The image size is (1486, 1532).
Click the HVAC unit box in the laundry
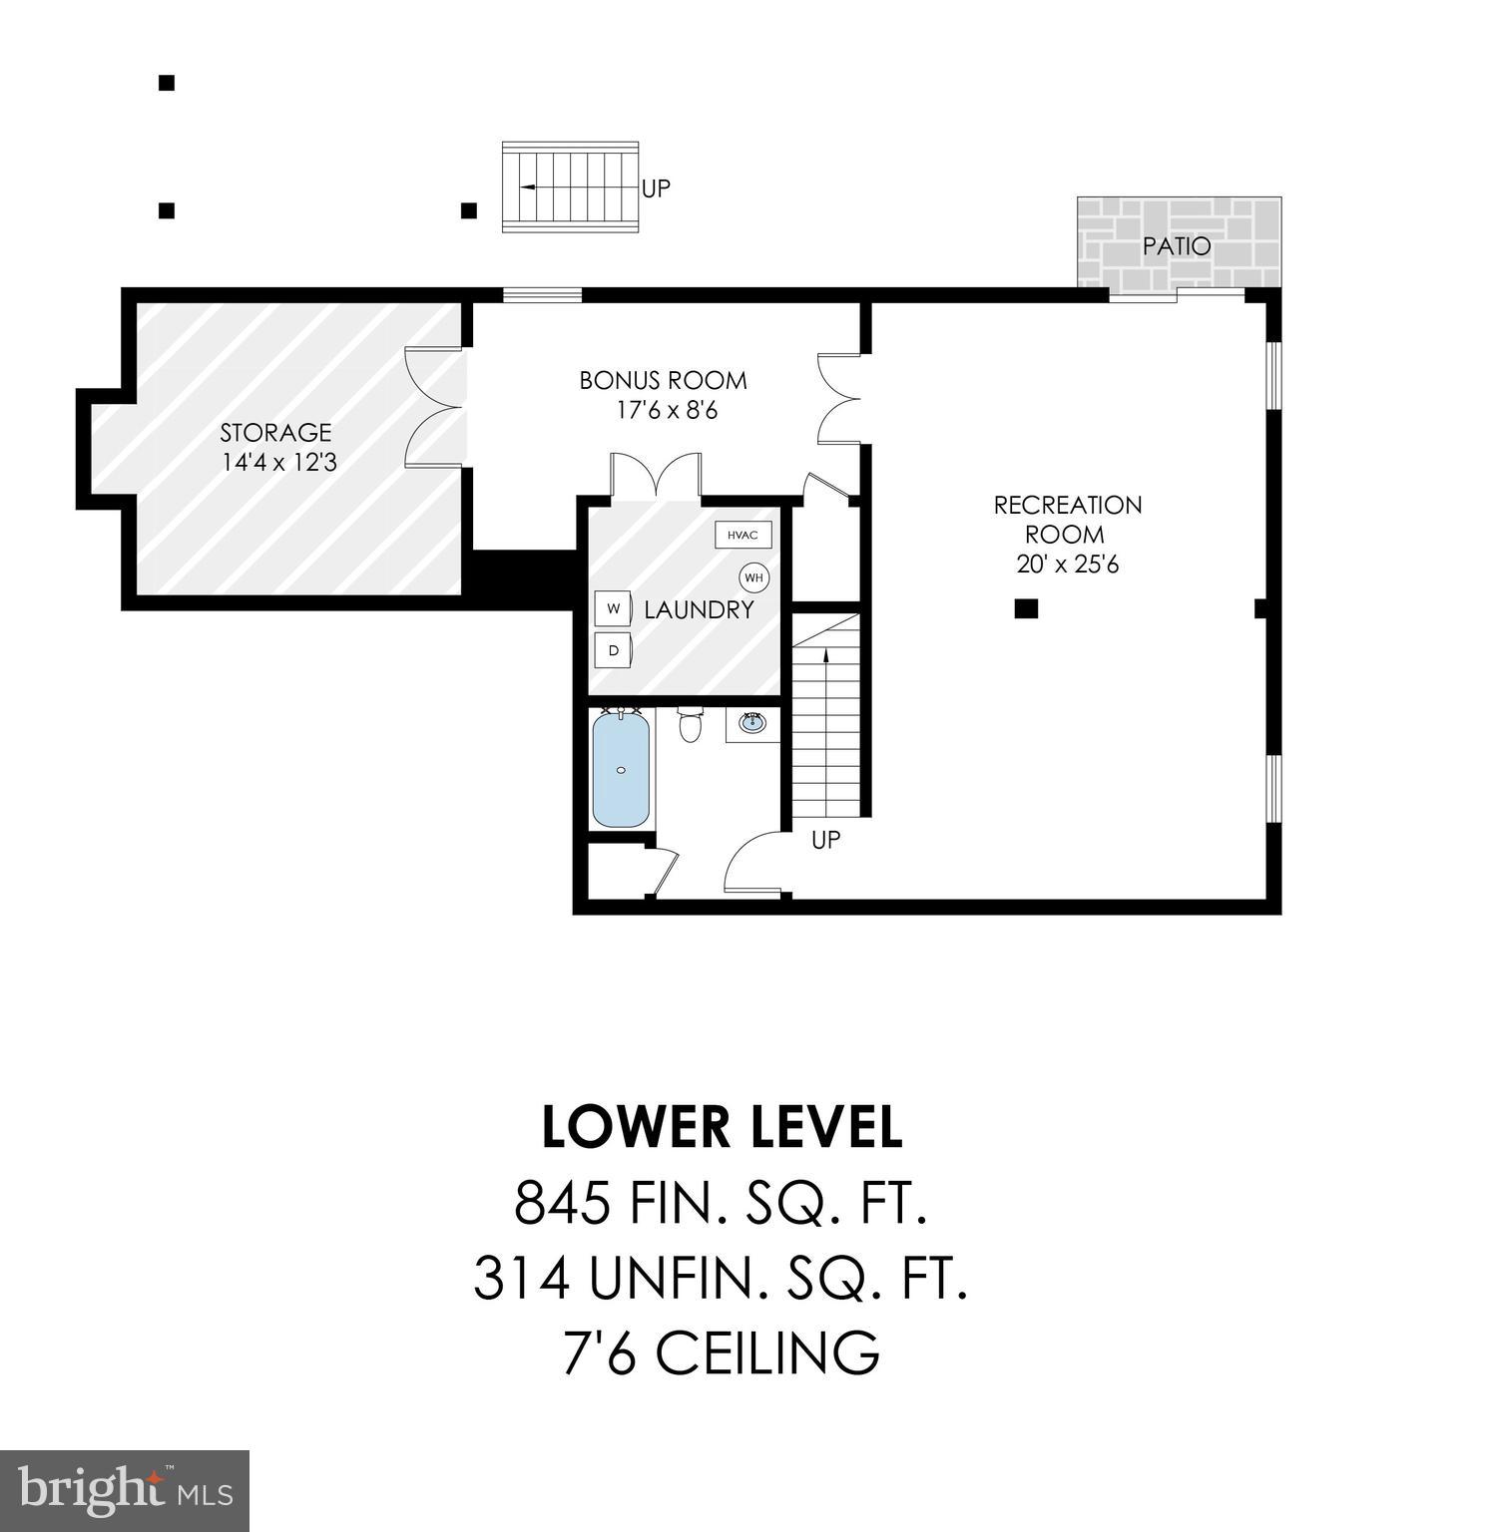pyautogui.click(x=743, y=536)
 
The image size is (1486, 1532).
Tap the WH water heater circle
pyautogui.click(x=753, y=577)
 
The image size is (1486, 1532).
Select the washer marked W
pyautogui.click(x=613, y=607)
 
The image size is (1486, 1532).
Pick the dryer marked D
pyautogui.click(x=613, y=650)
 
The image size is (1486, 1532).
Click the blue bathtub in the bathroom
pyautogui.click(x=621, y=768)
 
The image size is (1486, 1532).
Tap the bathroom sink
pyautogui.click(x=752, y=723)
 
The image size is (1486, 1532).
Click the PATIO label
pyautogui.click(x=1177, y=246)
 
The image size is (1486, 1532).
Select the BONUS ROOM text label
pyautogui.click(x=663, y=380)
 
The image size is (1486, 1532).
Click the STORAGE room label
pyautogui.click(x=275, y=433)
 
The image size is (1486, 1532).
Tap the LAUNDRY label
pyautogui.click(x=699, y=610)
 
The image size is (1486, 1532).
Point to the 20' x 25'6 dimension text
pyautogui.click(x=1067, y=565)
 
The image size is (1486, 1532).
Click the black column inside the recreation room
pyautogui.click(x=1026, y=608)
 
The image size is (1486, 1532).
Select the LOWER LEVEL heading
pyautogui.click(x=722, y=1127)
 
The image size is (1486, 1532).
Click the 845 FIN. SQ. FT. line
pyautogui.click(x=722, y=1202)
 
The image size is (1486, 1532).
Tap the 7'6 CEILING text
pyautogui.click(x=722, y=1352)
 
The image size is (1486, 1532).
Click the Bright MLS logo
pyautogui.click(x=125, y=1491)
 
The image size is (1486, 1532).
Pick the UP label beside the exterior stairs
pyautogui.click(x=656, y=188)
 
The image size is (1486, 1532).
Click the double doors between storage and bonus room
pyautogui.click(x=435, y=408)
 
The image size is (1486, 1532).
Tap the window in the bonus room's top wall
pyautogui.click(x=542, y=294)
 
